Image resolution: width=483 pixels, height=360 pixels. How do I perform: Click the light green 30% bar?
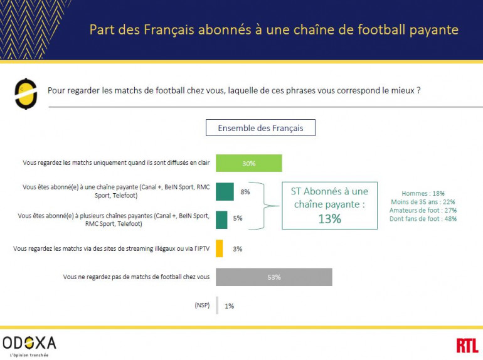click(248, 163)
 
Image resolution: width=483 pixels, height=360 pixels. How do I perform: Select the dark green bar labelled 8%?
click(225, 191)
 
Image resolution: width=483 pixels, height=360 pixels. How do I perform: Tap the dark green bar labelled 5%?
click(221, 220)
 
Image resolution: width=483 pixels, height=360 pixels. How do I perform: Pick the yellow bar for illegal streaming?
click(219, 248)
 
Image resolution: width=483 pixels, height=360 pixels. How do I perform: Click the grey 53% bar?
click(273, 277)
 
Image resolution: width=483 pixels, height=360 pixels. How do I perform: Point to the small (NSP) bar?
click(217, 305)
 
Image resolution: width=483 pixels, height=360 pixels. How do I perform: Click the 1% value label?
click(229, 306)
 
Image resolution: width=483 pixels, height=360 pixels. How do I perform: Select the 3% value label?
click(237, 249)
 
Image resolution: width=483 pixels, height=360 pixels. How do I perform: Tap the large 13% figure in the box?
click(329, 218)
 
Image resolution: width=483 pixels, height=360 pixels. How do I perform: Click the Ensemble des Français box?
click(260, 128)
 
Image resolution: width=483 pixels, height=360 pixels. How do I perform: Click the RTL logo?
click(467, 344)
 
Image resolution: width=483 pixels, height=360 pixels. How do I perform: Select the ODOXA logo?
click(29, 342)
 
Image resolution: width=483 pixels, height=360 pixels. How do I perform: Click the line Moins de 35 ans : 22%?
click(423, 202)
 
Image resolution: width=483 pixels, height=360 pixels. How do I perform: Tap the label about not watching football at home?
click(136, 277)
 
